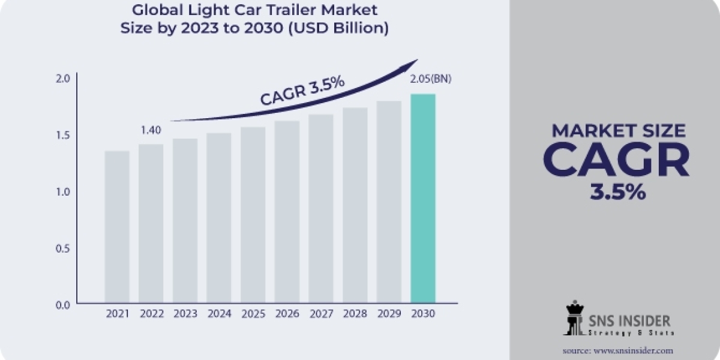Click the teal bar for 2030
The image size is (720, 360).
[x=423, y=198]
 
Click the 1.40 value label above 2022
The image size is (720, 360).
[x=151, y=130]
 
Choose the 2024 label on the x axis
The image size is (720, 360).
[x=219, y=313]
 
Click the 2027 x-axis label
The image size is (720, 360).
[x=321, y=313]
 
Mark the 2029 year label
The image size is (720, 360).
[x=389, y=313]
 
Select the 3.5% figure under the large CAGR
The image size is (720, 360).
[x=616, y=192]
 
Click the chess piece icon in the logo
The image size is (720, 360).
[x=574, y=318]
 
